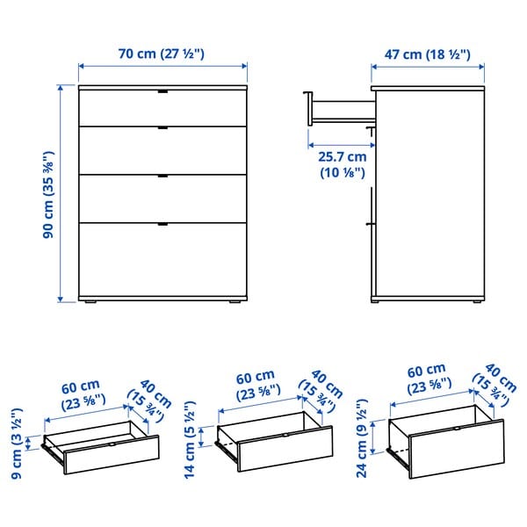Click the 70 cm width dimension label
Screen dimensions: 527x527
[x=162, y=54]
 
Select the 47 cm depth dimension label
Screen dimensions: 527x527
[x=430, y=54]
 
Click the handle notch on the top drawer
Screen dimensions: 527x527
[x=162, y=91]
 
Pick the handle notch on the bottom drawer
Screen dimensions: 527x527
[x=162, y=226]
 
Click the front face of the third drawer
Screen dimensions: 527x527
[x=162, y=198]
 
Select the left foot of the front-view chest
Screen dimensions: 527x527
[x=90, y=304]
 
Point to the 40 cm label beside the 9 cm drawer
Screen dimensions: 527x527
[x=143, y=394]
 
